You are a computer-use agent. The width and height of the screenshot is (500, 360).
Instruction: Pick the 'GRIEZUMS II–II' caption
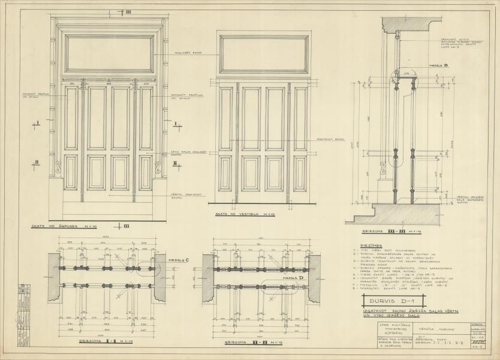coord(247,342)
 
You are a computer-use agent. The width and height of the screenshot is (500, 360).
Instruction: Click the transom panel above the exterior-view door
coord(110,53)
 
